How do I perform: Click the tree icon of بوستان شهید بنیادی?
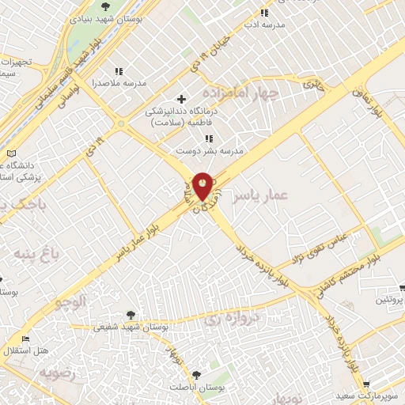107,8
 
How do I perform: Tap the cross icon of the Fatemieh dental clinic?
182,99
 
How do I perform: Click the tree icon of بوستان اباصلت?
197,375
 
